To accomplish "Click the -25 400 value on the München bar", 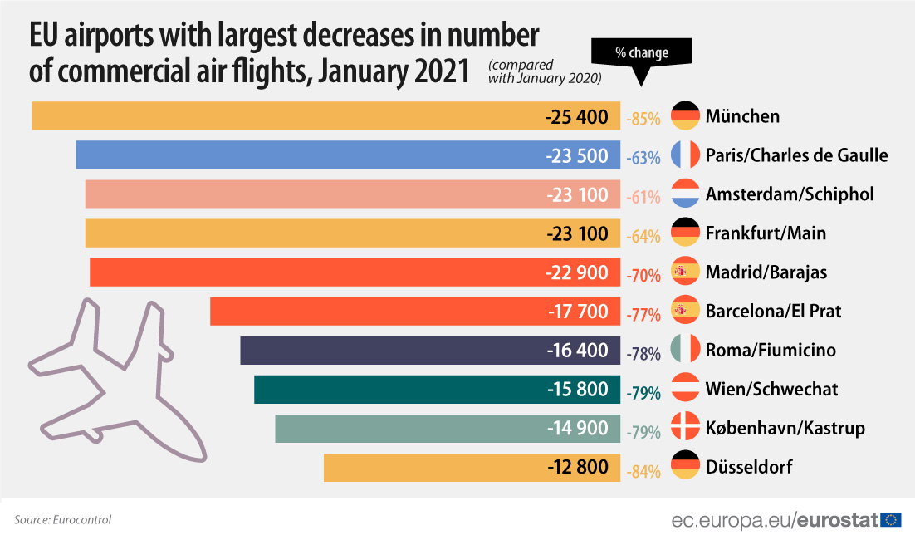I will click(x=577, y=116).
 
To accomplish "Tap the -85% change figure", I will click(x=643, y=118).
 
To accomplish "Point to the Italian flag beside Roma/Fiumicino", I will click(x=686, y=350).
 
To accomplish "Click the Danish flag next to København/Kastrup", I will click(x=686, y=428).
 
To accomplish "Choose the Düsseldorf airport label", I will click(x=748, y=467).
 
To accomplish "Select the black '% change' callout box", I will click(x=641, y=53).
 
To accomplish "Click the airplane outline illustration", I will click(x=116, y=378).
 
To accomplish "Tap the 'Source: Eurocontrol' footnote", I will click(x=62, y=520).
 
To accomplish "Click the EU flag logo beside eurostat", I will click(x=892, y=520).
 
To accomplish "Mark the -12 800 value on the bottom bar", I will click(x=578, y=467).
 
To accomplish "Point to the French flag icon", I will click(x=686, y=155).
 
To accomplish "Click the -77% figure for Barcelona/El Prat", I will click(x=643, y=313).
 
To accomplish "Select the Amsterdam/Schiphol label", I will click(x=790, y=194).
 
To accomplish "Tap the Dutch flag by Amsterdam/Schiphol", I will click(x=686, y=194).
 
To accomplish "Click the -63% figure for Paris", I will click(x=643, y=157).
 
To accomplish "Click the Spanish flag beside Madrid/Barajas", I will click(x=686, y=272).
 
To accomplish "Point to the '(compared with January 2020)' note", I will click(x=544, y=71).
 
